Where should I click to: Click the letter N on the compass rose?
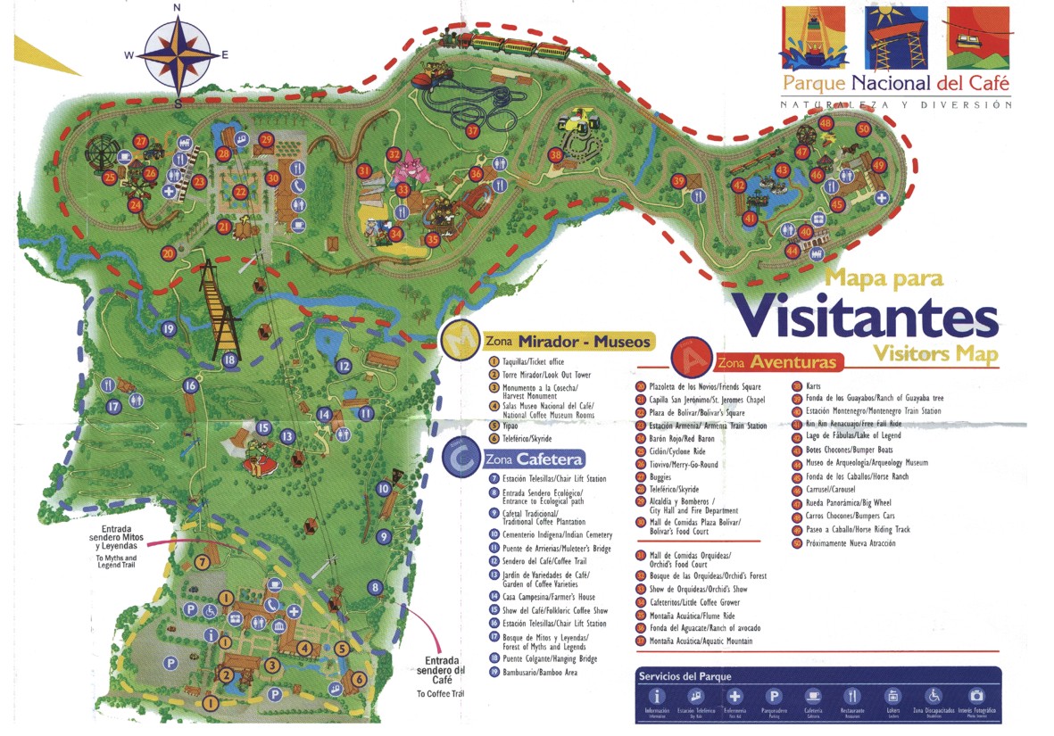pyautogui.click(x=177, y=8)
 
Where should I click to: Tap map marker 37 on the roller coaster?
pyautogui.click(x=472, y=130)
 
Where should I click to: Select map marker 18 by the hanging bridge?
pyautogui.click(x=229, y=360)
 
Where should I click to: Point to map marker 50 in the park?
pyautogui.click(x=863, y=128)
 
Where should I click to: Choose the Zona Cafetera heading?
pyautogui.click(x=535, y=459)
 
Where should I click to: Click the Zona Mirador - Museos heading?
pyautogui.click(x=568, y=342)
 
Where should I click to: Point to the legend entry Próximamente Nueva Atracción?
pyautogui.click(x=849, y=542)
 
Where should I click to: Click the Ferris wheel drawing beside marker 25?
pyautogui.click(x=98, y=157)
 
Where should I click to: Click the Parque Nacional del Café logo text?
pyautogui.click(x=895, y=84)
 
